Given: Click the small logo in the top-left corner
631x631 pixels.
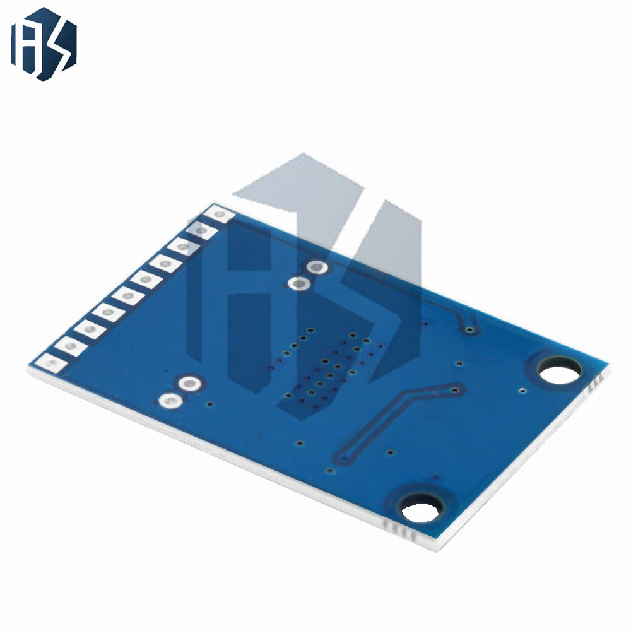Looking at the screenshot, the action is (44, 44).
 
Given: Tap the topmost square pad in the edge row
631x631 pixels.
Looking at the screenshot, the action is (218, 214).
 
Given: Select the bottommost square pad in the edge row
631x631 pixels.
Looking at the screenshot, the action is (51, 363).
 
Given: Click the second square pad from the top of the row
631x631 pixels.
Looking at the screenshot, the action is (202, 230).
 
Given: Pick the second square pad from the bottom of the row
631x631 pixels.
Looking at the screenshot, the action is (71, 346).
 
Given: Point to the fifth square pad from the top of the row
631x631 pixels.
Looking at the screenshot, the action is (146, 280).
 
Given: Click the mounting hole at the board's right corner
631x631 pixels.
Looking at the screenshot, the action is (560, 373).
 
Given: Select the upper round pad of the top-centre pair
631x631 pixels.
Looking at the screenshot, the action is (317, 267).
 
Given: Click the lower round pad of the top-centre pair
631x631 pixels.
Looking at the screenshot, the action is (299, 284).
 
